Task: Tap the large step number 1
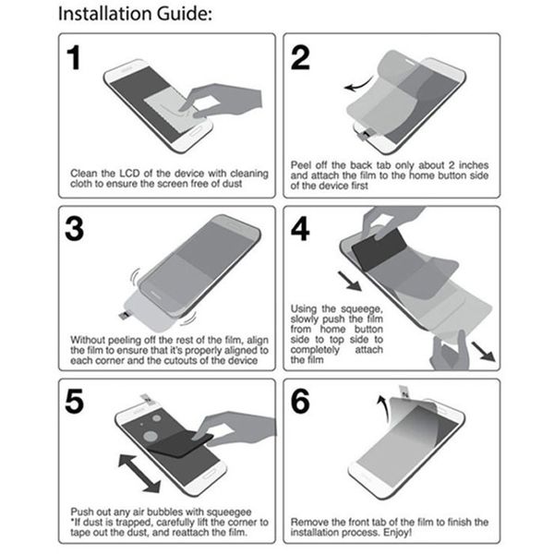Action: pos(80,59)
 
